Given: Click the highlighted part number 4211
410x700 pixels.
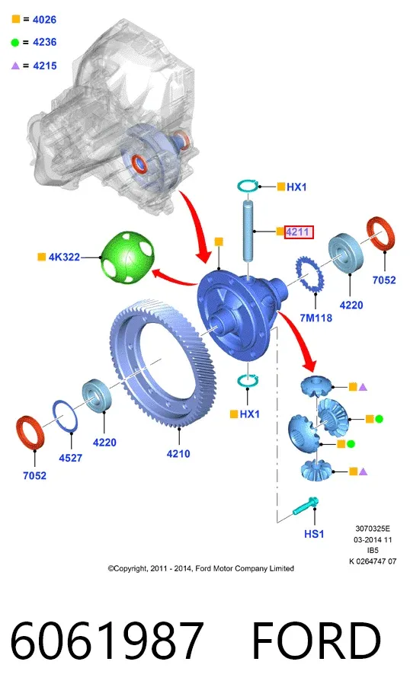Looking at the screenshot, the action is coord(298,232).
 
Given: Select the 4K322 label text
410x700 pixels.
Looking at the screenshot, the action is coord(64,257).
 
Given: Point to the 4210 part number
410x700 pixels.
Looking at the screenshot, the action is coord(178,453).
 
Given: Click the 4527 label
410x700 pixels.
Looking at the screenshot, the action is coord(71,458).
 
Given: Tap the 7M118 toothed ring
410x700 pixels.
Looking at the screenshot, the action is coord(309,274).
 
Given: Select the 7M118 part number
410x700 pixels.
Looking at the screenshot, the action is coord(316,318).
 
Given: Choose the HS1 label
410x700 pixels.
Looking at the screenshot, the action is coord(314,534).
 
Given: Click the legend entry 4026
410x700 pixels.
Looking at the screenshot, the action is coord(44,20).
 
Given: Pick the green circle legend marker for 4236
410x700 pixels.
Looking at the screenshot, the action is coord(15,43).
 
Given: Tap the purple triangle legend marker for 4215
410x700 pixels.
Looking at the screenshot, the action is coord(15,66).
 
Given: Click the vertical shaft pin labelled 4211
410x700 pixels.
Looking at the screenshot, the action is coord(248,231).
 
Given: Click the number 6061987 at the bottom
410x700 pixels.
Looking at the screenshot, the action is coord(107,640).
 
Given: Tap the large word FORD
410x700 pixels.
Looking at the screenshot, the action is coord(317,640).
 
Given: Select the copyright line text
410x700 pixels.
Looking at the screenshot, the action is coord(200,568).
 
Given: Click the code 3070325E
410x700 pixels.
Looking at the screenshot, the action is coord(373,529).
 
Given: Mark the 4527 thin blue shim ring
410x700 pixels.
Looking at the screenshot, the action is coord(66,416).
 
